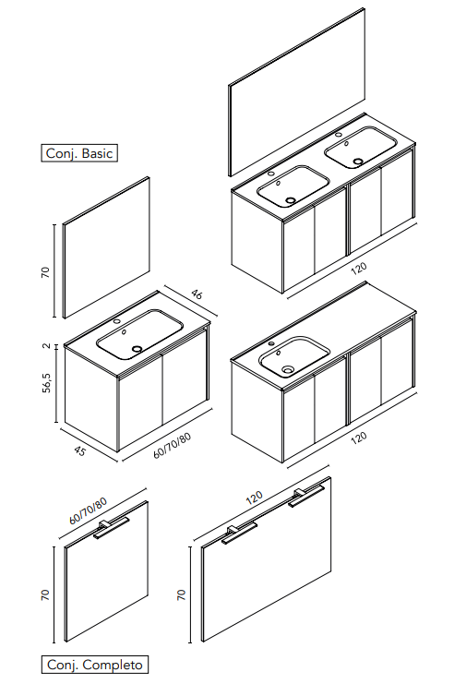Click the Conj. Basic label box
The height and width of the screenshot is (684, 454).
point(79,153)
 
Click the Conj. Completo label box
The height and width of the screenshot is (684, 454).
point(95,665)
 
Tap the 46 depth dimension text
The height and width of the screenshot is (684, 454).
point(197,294)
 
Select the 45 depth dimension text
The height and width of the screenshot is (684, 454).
point(79,450)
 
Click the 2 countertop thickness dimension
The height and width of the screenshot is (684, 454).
point(47,346)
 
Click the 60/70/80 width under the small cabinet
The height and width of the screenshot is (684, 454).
point(173,446)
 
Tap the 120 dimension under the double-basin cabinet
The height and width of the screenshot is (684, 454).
point(358,269)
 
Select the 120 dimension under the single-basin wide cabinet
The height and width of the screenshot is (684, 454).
point(358,438)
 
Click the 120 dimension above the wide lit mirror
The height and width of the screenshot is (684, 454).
point(255,497)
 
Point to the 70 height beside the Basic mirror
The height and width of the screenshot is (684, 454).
point(45,272)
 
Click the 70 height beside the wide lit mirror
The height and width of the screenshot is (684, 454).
point(181,594)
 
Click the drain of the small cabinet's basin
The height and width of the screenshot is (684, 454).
point(137,349)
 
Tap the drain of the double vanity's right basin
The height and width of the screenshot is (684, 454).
point(358,162)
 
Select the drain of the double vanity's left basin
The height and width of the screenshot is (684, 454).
point(290,200)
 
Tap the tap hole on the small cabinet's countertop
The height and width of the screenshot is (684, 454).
point(117,322)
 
